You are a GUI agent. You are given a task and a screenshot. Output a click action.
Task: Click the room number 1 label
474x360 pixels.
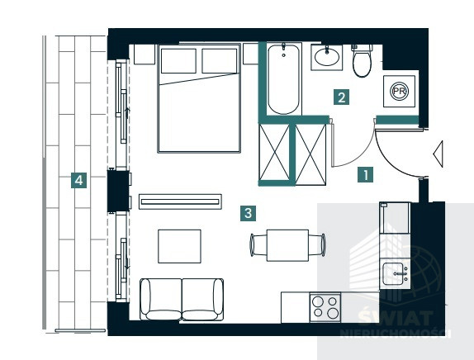(365, 175)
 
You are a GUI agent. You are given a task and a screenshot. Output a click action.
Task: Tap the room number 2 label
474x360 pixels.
(342, 97)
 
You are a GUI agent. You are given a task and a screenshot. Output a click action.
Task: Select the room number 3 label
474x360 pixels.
(249, 213)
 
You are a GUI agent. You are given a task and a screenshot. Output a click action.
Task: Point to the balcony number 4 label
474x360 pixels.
(79, 181)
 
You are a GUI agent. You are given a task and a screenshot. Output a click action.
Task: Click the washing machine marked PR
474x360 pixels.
(400, 91)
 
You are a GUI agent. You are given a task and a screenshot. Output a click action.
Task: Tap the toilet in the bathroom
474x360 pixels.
(363, 60)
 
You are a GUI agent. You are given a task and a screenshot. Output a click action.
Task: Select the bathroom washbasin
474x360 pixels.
(327, 58)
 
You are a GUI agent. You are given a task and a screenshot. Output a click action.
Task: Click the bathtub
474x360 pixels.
(284, 79)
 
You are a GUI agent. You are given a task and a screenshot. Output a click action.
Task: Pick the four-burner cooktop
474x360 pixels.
(325, 307)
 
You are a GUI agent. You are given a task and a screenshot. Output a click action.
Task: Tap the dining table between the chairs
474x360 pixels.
(287, 245)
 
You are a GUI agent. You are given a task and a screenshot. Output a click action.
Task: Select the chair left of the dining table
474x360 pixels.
(258, 245)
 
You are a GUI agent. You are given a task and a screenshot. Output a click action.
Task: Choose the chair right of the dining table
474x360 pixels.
(317, 245)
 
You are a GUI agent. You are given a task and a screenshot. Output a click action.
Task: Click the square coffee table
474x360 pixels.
(179, 246)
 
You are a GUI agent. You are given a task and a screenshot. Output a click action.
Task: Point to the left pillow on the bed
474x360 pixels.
(178, 61)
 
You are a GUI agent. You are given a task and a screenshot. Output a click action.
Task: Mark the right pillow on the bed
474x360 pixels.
(220, 61)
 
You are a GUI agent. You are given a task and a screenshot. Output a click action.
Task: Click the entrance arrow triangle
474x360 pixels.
(438, 154)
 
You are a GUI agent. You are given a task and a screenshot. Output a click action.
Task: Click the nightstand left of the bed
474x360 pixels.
(145, 54)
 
